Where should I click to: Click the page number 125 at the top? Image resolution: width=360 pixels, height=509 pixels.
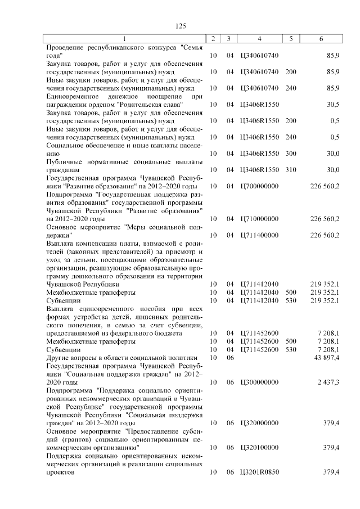pos(181,26)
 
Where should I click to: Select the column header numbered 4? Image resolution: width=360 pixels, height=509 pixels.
pos(259,39)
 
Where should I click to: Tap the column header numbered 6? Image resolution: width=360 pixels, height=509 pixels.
pos(321,39)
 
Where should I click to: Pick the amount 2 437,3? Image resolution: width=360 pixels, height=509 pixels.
pos(327,382)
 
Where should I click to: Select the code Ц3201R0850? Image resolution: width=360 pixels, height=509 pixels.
pos(259,471)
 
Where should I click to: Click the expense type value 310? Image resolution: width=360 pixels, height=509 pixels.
pos(290,169)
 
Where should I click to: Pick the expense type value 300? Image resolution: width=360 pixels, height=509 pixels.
pos(290,153)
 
